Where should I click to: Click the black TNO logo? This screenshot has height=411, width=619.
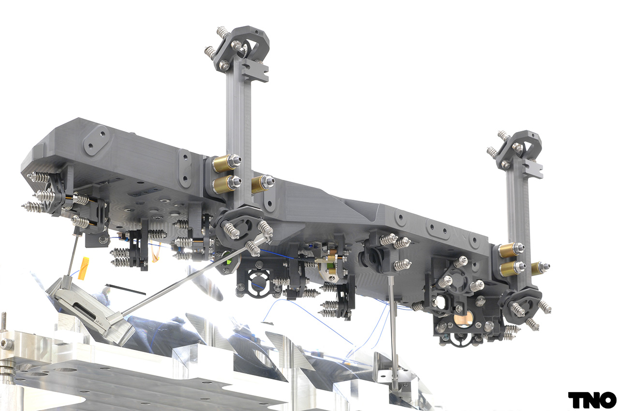pyautogui.click(x=592, y=399)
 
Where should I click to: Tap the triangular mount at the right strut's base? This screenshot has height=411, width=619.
pyautogui.click(x=522, y=305)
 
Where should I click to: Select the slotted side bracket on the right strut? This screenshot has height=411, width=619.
pyautogui.click(x=532, y=169)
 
